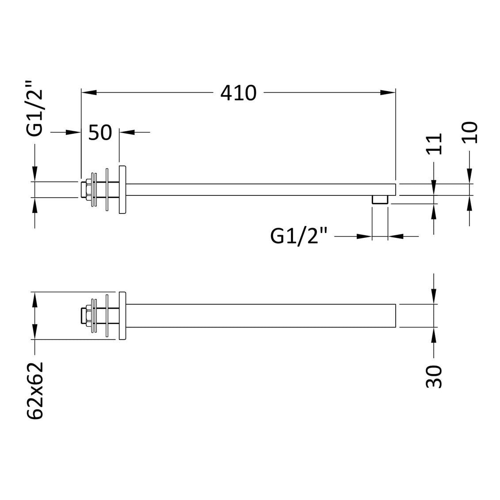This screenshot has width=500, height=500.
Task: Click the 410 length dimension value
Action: (x=238, y=93)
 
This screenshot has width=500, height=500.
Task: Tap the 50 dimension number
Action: (x=100, y=132)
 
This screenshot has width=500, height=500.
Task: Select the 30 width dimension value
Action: (x=435, y=376)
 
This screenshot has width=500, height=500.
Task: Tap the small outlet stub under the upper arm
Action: (x=380, y=199)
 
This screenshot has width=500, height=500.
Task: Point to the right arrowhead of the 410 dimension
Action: (x=387, y=92)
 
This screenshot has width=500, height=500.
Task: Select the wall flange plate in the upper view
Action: (x=122, y=190)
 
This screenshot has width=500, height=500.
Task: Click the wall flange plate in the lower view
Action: (x=122, y=316)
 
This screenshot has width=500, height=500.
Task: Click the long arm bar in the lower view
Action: (x=261, y=316)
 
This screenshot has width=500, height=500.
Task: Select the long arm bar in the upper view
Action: (x=261, y=189)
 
